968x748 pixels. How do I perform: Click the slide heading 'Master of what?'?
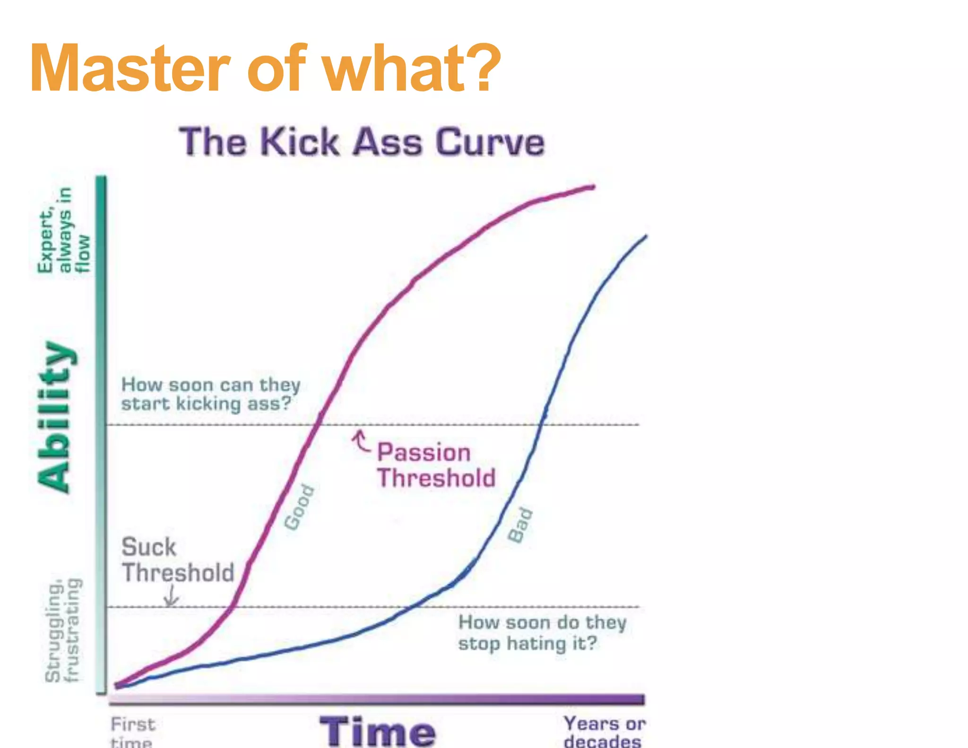[265, 69]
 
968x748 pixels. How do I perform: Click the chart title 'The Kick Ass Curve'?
[362, 142]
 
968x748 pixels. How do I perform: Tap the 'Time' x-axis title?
[377, 731]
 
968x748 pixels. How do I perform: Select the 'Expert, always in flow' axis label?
[64, 230]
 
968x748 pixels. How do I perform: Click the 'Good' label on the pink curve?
[299, 507]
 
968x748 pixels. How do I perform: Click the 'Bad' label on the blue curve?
[520, 525]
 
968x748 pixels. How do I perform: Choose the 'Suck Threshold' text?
[177, 560]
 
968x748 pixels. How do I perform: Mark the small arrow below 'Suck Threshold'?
[171, 597]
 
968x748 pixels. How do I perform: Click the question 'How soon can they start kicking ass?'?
[210, 394]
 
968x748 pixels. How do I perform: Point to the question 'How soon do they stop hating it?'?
[542, 633]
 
